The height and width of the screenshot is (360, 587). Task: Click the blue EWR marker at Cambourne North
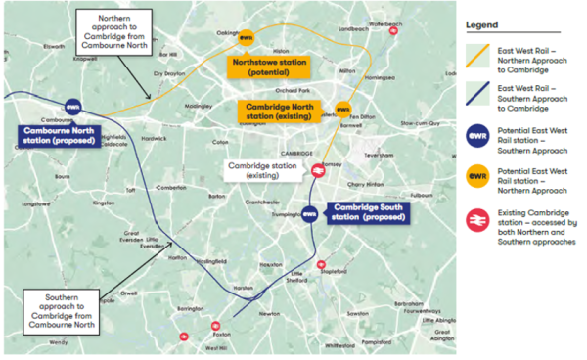point(72,108)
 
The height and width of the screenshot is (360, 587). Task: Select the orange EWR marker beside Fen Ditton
point(342,110)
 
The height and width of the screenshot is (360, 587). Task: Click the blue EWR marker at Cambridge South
point(309,212)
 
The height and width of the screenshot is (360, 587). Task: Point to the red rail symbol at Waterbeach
point(392,30)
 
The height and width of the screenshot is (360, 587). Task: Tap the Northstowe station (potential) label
point(267,67)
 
